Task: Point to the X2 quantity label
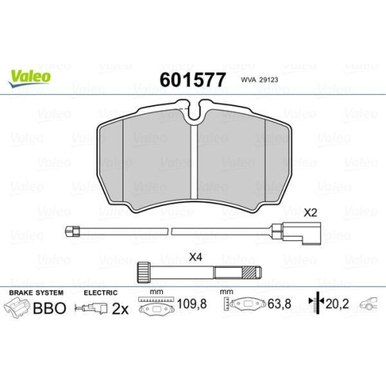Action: [x=311, y=212]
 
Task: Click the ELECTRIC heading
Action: [x=100, y=293]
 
